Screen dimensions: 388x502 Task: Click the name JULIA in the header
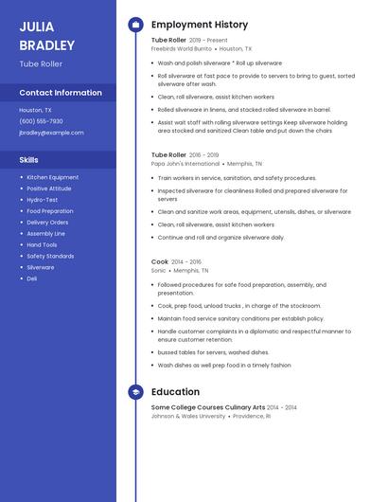click(x=36, y=27)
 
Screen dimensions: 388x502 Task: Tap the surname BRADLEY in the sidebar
click(x=46, y=45)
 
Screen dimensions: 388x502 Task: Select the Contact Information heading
click(x=61, y=93)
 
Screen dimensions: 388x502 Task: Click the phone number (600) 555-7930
click(x=41, y=121)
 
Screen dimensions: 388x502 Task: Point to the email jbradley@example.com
click(x=51, y=133)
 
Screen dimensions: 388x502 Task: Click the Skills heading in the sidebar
click(x=28, y=160)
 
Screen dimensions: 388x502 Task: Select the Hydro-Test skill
click(x=42, y=200)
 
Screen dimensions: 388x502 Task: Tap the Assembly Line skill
click(x=45, y=233)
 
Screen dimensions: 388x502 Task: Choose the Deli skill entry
click(x=32, y=278)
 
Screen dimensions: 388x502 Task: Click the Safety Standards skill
click(x=50, y=256)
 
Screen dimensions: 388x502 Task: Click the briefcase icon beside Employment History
click(x=135, y=25)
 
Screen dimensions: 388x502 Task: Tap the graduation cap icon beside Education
click(x=135, y=392)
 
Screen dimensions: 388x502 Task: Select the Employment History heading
click(x=199, y=25)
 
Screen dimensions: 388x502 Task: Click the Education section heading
click(x=175, y=392)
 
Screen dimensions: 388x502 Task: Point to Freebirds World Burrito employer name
click(x=182, y=48)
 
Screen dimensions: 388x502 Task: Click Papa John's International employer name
click(x=185, y=163)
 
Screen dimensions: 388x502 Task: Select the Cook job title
click(x=160, y=261)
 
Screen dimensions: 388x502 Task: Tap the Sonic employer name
click(x=158, y=270)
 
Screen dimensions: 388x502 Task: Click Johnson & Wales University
click(x=188, y=416)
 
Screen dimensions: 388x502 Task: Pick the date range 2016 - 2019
click(x=204, y=154)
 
